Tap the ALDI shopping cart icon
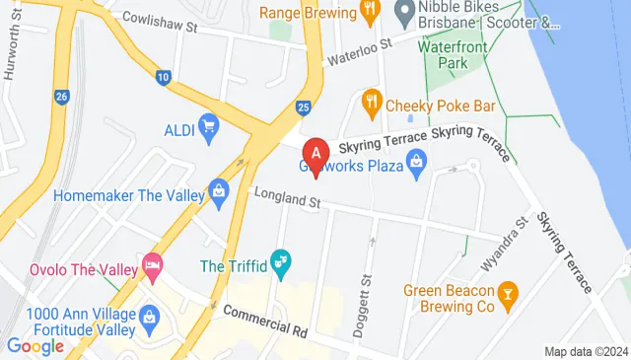pyautogui.click(x=208, y=125)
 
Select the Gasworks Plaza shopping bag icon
pyautogui.click(x=417, y=160)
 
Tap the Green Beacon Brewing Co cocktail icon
pyautogui.click(x=508, y=293)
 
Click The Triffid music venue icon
pyautogui.click(x=281, y=265)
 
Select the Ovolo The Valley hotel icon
pyautogui.click(x=152, y=264)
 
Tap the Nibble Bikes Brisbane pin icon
pyautogui.click(x=403, y=13)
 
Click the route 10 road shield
pyautogui.click(x=163, y=76)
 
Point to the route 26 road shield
pyautogui.click(x=62, y=97)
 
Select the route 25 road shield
pyautogui.click(x=304, y=106)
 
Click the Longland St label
pyautogui.click(x=288, y=200)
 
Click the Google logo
pyautogui.click(x=35, y=345)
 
